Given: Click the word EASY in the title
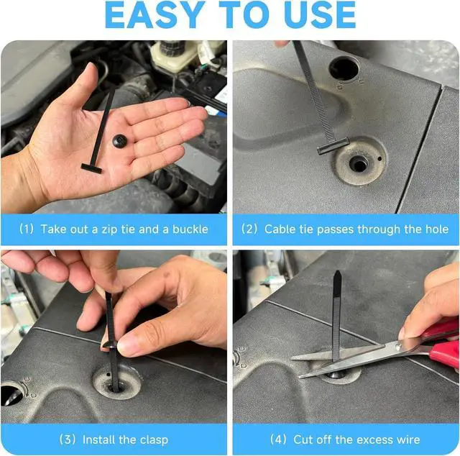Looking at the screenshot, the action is [x=155, y=15].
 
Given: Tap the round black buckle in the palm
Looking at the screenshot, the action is [x=120, y=141].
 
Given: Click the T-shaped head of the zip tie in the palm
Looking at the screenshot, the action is [x=91, y=168].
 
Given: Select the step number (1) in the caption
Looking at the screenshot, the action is [x=27, y=229].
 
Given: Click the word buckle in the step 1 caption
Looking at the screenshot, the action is [x=190, y=229].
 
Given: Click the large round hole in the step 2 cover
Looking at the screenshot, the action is [x=344, y=68].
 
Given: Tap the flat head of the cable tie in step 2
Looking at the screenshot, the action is [x=333, y=145].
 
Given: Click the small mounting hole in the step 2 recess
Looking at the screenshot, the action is [x=359, y=163].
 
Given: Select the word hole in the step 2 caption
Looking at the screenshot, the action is [x=436, y=229].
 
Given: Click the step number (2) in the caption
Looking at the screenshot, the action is [x=249, y=229].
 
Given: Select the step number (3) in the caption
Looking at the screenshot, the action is [x=68, y=439].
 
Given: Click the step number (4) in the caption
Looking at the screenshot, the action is [x=278, y=439].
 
